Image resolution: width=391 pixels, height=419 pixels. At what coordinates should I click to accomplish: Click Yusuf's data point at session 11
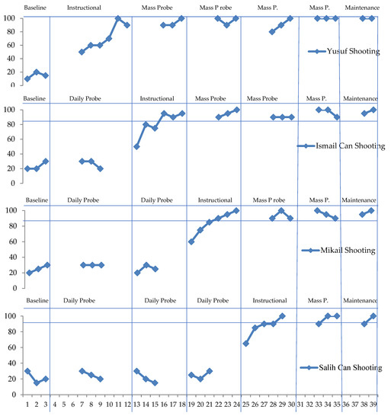pyautogui.click(x=118, y=18)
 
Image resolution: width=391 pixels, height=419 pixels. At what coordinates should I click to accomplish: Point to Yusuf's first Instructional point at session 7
pyautogui.click(x=82, y=52)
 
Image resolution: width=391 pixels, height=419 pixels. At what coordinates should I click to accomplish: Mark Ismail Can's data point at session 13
pyautogui.click(x=136, y=146)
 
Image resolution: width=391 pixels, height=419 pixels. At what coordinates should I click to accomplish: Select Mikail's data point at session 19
pyautogui.click(x=191, y=241)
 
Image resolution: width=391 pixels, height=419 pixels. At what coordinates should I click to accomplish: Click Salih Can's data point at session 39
pyautogui.click(x=373, y=315)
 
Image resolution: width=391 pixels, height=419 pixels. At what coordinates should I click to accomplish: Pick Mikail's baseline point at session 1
pyautogui.click(x=27, y=273)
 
